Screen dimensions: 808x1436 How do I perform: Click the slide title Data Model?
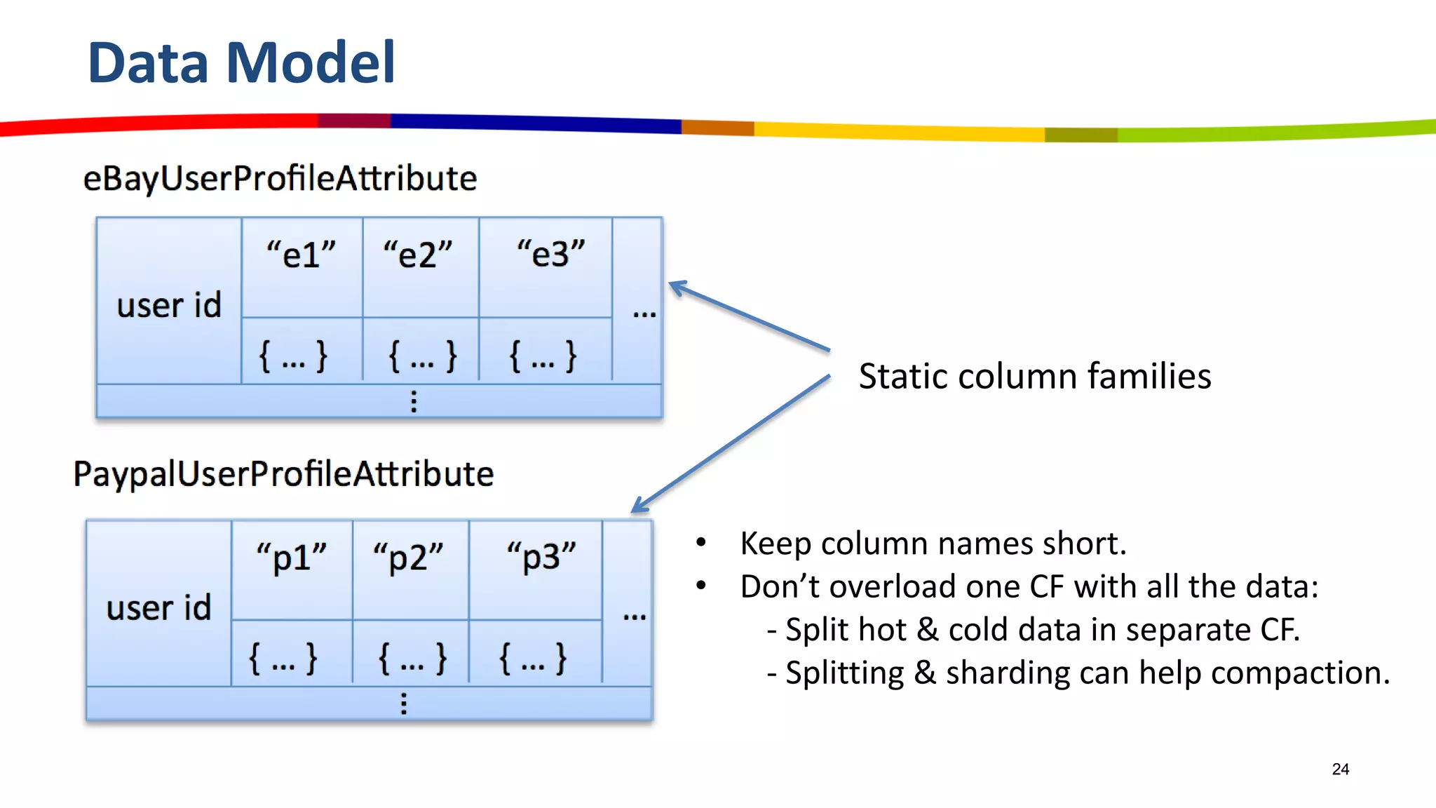point(241,63)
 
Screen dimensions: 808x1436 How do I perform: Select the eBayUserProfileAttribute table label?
point(280,178)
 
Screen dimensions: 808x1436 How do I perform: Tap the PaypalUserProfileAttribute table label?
point(283,474)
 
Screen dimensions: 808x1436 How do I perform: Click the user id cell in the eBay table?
point(169,305)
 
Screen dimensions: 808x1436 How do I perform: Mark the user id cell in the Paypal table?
point(159,607)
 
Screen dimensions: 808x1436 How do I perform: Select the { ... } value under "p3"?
point(533,659)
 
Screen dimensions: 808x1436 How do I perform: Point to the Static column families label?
point(1035,377)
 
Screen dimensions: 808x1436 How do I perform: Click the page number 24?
point(1340,769)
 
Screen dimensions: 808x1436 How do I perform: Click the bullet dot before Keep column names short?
point(701,542)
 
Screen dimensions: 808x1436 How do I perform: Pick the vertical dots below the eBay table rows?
point(414,401)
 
